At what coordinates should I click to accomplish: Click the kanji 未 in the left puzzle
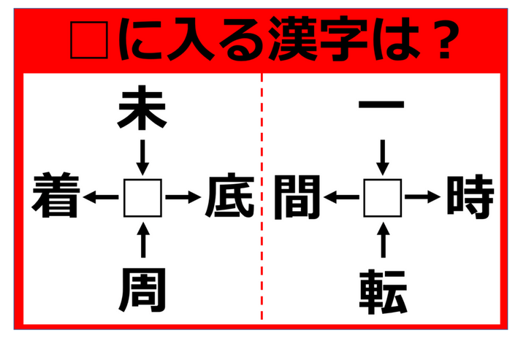click(x=142, y=108)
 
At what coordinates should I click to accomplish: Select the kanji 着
click(x=56, y=195)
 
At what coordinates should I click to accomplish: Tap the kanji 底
click(x=229, y=195)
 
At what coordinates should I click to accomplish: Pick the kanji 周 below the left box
click(x=142, y=290)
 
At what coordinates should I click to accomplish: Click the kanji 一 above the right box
click(x=382, y=104)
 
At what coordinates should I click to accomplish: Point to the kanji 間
click(x=298, y=196)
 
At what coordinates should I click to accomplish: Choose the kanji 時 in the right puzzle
click(x=470, y=196)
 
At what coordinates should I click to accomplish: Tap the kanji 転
click(x=383, y=291)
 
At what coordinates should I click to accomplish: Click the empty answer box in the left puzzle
click(x=142, y=198)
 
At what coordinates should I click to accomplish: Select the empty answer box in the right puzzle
click(x=383, y=198)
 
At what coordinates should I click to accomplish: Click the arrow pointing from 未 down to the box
click(x=142, y=158)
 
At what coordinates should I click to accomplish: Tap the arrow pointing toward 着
click(x=101, y=197)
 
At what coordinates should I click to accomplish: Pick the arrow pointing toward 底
click(x=183, y=197)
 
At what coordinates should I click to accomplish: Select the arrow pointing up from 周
click(x=143, y=240)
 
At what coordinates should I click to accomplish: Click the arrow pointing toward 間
click(x=341, y=197)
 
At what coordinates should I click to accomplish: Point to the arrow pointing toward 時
click(x=423, y=197)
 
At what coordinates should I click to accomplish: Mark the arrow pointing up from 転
click(x=383, y=240)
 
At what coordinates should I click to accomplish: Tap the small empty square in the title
click(x=89, y=40)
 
